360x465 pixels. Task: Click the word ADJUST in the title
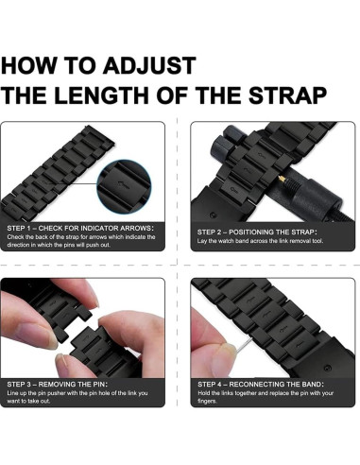coord(149,65)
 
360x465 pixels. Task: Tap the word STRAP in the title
coord(287,95)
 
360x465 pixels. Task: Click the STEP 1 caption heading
coord(80,228)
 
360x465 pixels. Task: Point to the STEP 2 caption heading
coord(257,232)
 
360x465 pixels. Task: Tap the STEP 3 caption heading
coord(57,385)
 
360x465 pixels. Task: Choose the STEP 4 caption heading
coord(261,385)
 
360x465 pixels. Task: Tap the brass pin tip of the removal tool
coord(282,179)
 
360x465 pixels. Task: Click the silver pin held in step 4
coord(244,344)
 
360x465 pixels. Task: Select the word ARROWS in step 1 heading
coord(137,228)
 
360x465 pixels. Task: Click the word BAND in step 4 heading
coord(313,385)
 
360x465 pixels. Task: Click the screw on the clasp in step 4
coord(327,368)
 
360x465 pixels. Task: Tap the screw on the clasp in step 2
coord(214,215)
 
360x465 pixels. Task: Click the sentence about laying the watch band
coord(260,241)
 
